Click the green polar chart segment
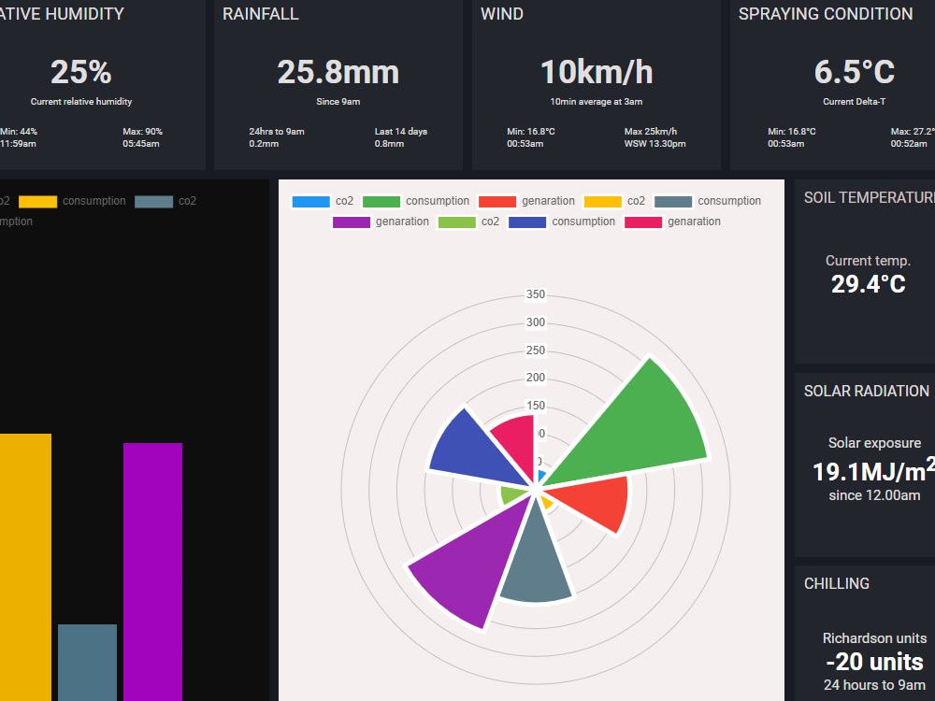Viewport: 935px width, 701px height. click(x=636, y=425)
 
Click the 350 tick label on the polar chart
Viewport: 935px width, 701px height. click(x=536, y=295)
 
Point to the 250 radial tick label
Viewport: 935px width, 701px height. click(x=536, y=350)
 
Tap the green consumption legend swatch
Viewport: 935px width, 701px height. click(x=381, y=201)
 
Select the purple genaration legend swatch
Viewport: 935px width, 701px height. click(x=352, y=222)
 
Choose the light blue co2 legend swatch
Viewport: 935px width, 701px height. click(x=310, y=201)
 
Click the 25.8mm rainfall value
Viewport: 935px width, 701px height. click(x=338, y=72)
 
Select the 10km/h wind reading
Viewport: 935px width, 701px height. click(x=597, y=72)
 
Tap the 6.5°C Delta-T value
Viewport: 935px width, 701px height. click(x=854, y=72)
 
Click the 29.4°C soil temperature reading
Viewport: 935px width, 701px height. click(x=868, y=284)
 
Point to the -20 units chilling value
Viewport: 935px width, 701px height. click(x=874, y=663)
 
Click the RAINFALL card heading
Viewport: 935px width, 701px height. click(x=261, y=14)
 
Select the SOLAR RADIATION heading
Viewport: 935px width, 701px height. click(x=866, y=391)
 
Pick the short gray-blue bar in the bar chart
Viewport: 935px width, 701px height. click(x=87, y=662)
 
